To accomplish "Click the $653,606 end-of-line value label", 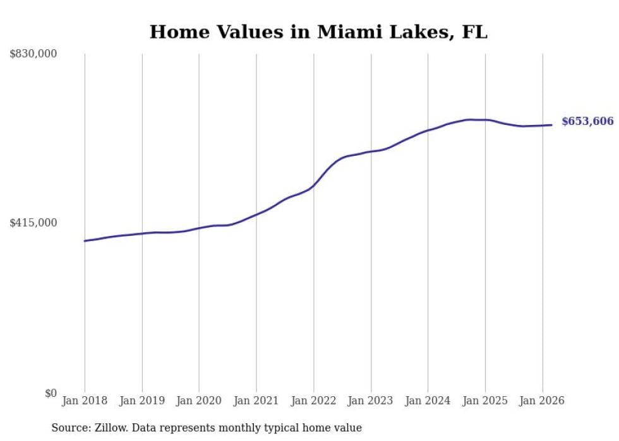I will pyautogui.click(x=587, y=122).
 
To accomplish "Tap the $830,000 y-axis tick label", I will pyautogui.click(x=33, y=54).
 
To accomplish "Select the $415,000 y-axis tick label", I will pyautogui.click(x=33, y=223).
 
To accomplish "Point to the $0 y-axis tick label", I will pyautogui.click(x=51, y=393).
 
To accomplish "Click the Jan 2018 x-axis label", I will pyautogui.click(x=85, y=401).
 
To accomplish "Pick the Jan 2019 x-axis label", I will pyautogui.click(x=142, y=401).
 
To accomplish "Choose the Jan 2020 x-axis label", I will pyautogui.click(x=199, y=401).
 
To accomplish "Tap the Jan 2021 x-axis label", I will pyautogui.click(x=256, y=401).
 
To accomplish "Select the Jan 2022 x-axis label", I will pyautogui.click(x=314, y=401).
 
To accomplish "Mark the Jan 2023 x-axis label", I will pyautogui.click(x=371, y=401).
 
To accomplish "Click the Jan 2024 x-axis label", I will pyautogui.click(x=428, y=401).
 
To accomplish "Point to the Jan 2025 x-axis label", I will pyautogui.click(x=485, y=401).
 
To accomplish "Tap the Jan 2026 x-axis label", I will pyautogui.click(x=543, y=401).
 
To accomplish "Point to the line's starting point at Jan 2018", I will pyautogui.click(x=85, y=241).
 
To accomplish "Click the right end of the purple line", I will pyautogui.click(x=552, y=125).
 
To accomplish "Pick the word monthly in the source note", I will pyautogui.click(x=247, y=428).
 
